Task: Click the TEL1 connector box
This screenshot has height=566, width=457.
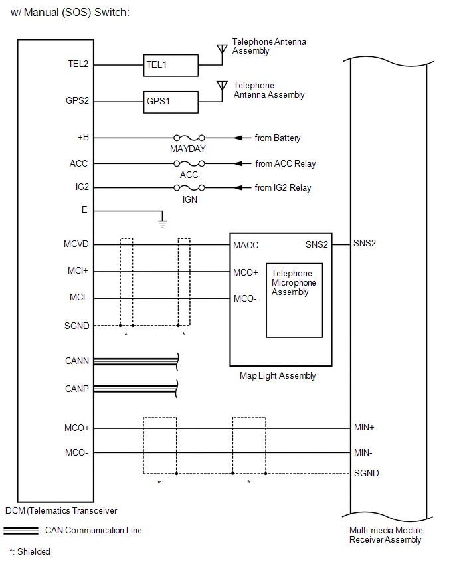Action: pyautogui.click(x=171, y=66)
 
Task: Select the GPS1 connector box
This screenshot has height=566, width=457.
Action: pyautogui.click(x=171, y=102)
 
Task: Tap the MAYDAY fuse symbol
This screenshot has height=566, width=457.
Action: pyautogui.click(x=188, y=138)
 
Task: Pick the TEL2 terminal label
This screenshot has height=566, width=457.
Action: pyautogui.click(x=78, y=65)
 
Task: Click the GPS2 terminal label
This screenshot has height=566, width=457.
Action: pyautogui.click(x=77, y=102)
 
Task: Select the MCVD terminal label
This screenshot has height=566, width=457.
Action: pyautogui.click(x=76, y=245)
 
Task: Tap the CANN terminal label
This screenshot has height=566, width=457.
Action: pyautogui.click(x=76, y=361)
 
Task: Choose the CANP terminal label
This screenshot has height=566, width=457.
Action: pyautogui.click(x=76, y=389)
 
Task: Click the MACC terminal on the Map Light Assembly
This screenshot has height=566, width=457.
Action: pyautogui.click(x=246, y=246)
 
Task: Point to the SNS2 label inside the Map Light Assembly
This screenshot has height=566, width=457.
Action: pyautogui.click(x=317, y=245)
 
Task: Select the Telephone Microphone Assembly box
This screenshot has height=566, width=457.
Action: pyautogui.click(x=294, y=300)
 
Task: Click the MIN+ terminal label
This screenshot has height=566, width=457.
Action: pyautogui.click(x=364, y=428)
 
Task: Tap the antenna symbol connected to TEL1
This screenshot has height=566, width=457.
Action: pyautogui.click(x=222, y=50)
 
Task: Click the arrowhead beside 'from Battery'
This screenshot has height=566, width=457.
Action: pyautogui.click(x=237, y=138)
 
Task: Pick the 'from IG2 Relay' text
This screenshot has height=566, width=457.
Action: pyautogui.click(x=283, y=188)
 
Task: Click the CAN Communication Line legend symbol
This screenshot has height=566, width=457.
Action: pyautogui.click(x=21, y=531)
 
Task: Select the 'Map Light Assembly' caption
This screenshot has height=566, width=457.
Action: pyautogui.click(x=278, y=376)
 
